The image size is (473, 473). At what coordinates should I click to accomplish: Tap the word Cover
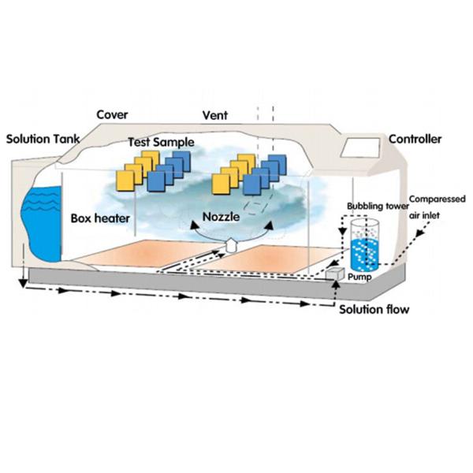point(112,115)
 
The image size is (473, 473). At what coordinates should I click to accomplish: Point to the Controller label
point(415,140)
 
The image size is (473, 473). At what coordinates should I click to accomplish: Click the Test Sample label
point(162,143)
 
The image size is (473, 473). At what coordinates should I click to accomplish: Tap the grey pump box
point(336,273)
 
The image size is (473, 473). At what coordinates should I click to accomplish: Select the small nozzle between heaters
point(230,245)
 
